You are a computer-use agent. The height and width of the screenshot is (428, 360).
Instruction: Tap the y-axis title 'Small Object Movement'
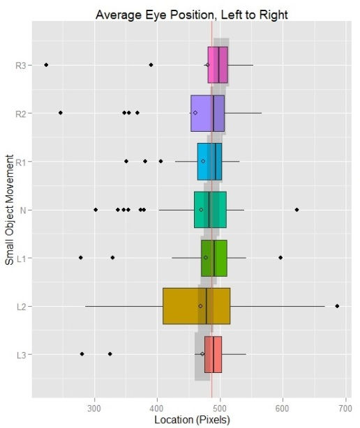(x=9, y=210)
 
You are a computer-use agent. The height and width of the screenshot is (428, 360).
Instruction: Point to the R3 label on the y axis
(x=21, y=65)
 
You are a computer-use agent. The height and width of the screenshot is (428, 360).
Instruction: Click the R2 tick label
(x=21, y=113)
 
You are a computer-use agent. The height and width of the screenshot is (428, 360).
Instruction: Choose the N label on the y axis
(x=24, y=210)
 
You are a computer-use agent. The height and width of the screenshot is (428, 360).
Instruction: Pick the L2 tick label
(x=22, y=306)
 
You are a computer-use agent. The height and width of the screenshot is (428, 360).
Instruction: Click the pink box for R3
(x=217, y=65)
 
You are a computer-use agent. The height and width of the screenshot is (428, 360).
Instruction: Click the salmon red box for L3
(x=213, y=354)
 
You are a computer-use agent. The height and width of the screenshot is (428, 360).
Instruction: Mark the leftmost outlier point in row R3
(x=46, y=65)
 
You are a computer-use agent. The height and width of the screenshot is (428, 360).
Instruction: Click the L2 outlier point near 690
(x=337, y=306)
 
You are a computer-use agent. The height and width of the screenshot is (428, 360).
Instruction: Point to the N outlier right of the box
(x=297, y=210)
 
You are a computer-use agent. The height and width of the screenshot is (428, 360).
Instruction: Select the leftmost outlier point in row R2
(x=60, y=113)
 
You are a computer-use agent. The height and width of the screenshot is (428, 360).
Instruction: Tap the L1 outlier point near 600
(x=280, y=258)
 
